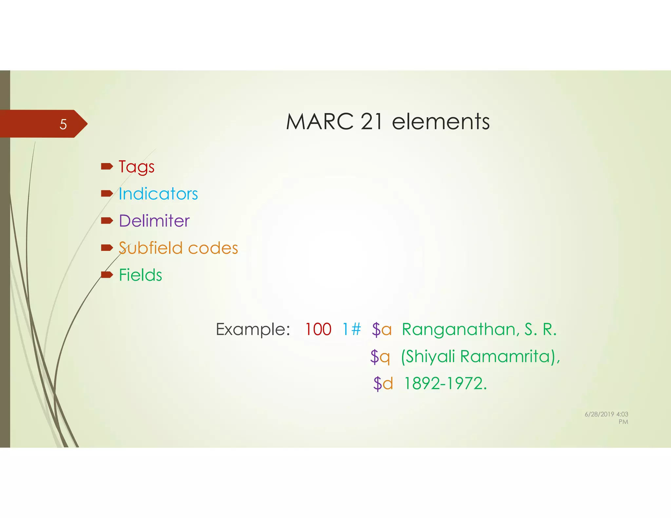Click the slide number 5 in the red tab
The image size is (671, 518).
coord(63,124)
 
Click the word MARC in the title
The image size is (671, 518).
coord(319,122)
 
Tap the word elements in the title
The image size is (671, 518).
coord(441,122)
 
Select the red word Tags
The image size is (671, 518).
coord(136,167)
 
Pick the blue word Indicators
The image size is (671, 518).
coord(158,194)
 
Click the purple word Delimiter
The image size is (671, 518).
coord(154,221)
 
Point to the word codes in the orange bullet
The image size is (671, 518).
coord(213,248)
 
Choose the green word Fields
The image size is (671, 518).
coord(141,275)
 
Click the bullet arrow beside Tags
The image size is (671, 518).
coord(107,167)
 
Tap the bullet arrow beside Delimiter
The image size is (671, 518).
coord(107,221)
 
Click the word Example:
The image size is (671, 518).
coord(253,329)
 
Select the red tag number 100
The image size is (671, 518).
coord(318,329)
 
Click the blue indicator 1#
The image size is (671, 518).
coord(352,329)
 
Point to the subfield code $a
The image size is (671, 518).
coord(382,329)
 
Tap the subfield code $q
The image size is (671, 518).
coord(380,357)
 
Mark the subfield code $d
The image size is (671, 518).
coord(383,383)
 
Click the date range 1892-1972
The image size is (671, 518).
coord(445,383)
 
